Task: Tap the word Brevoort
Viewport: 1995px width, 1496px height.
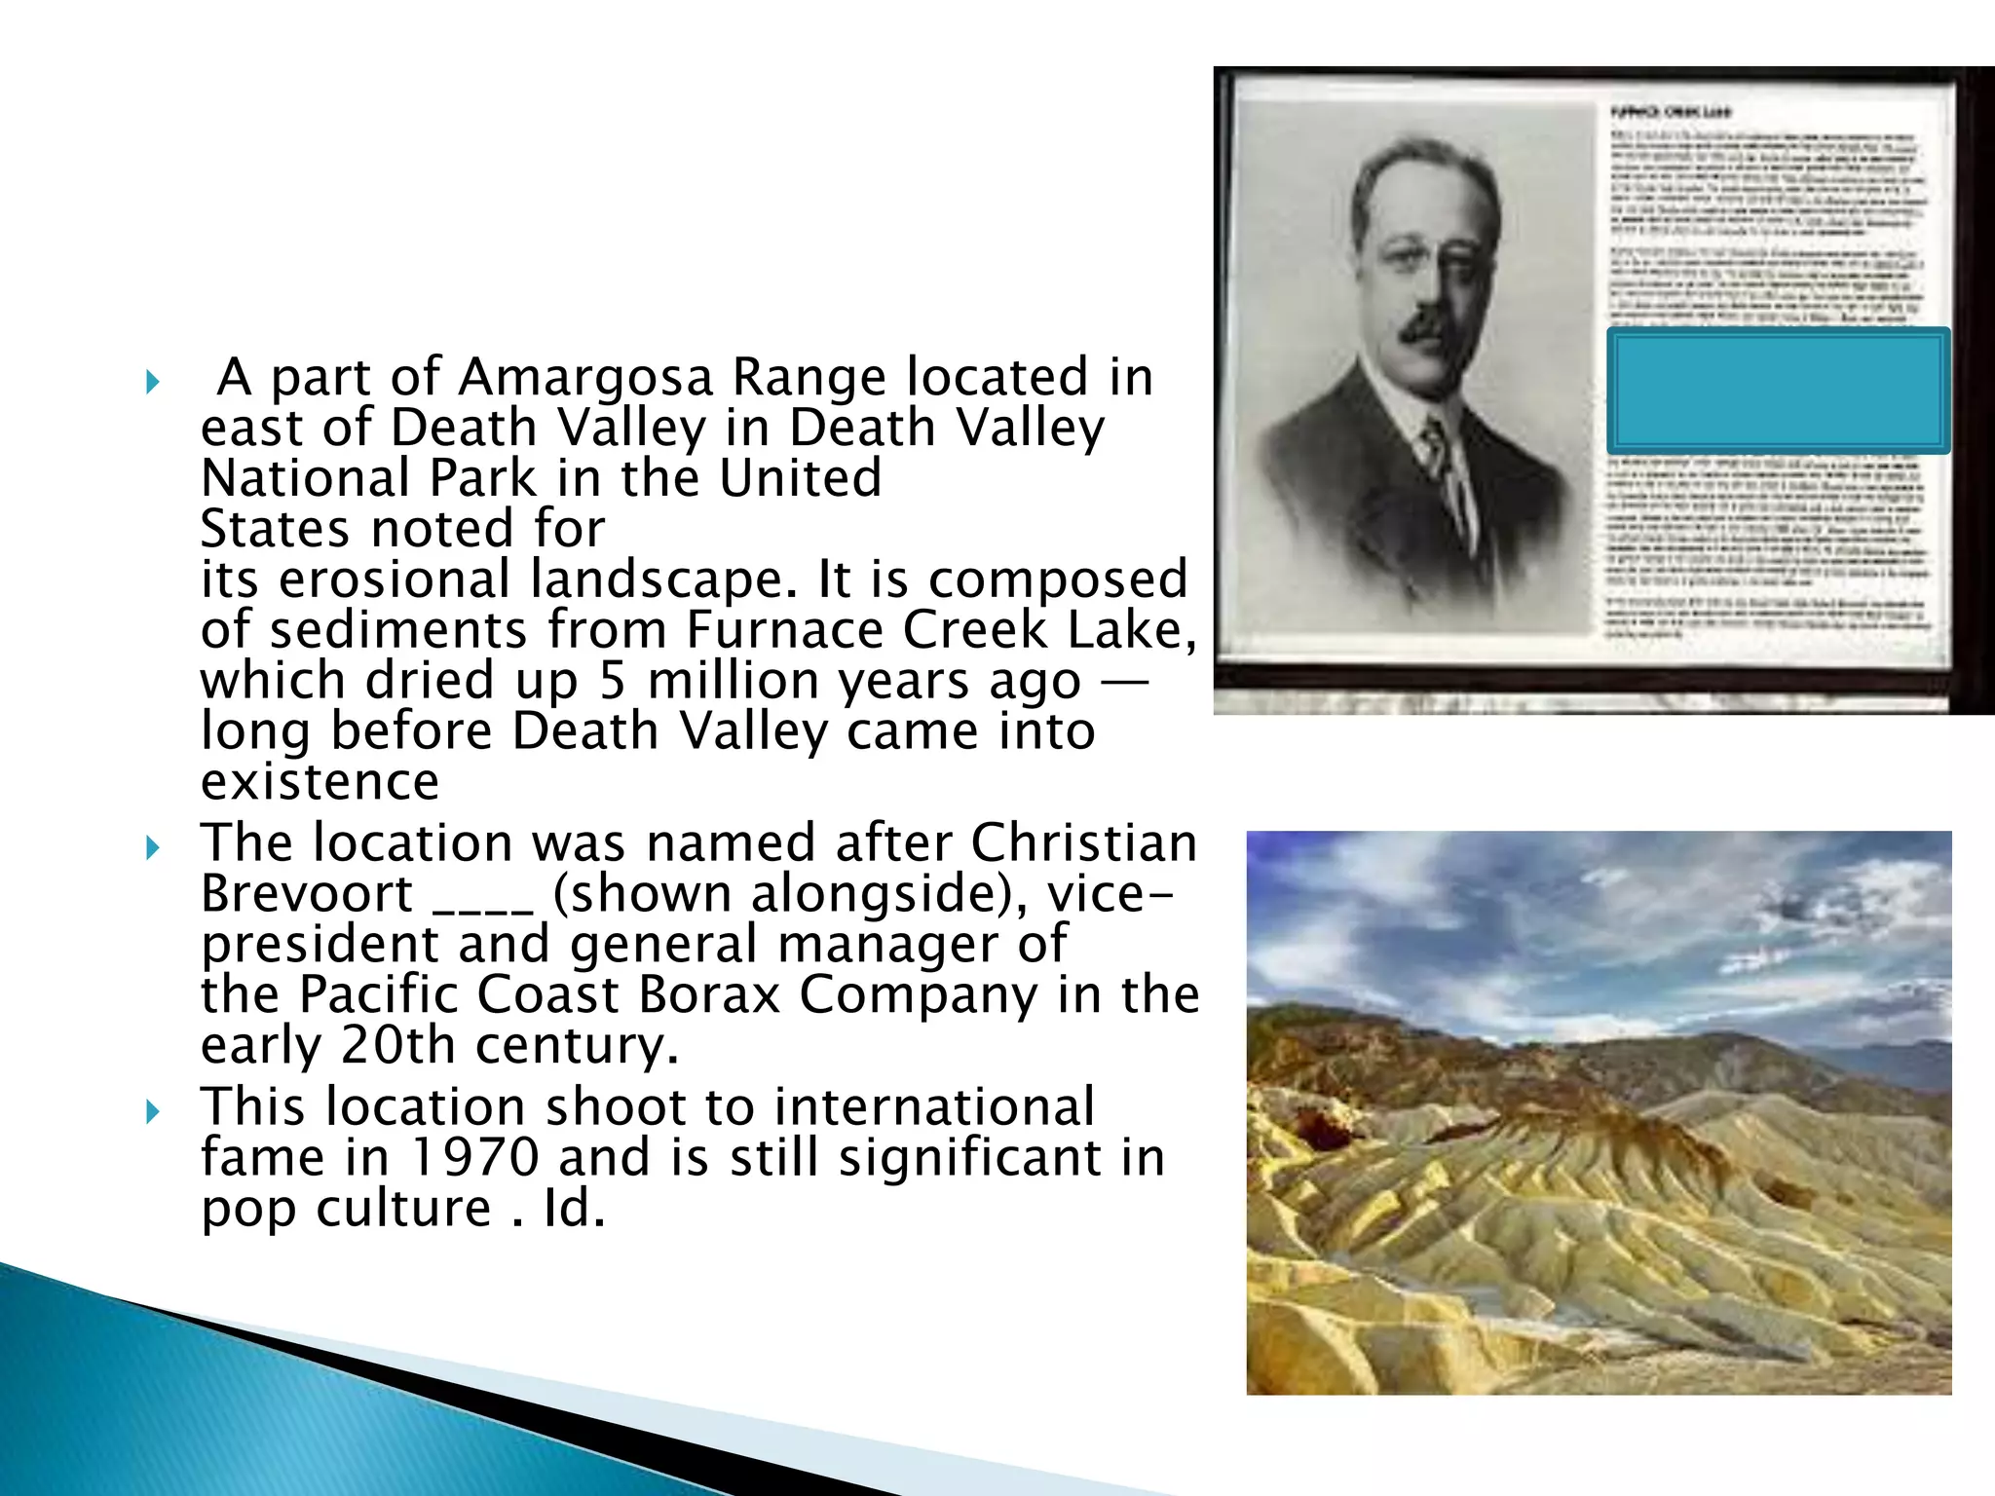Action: coord(307,893)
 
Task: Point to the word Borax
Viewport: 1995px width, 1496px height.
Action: coord(709,994)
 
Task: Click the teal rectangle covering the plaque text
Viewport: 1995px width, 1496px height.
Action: coord(1778,391)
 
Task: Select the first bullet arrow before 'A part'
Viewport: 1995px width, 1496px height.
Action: coord(152,381)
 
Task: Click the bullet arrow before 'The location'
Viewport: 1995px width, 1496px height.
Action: coord(152,847)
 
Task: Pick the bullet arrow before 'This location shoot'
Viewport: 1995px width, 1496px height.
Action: coord(152,1111)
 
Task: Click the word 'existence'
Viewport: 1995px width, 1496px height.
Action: coord(320,781)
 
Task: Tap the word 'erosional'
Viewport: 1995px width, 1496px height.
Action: coord(395,580)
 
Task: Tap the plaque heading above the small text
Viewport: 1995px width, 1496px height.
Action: coord(1670,112)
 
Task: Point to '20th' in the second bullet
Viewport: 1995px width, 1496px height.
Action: coord(397,1045)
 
